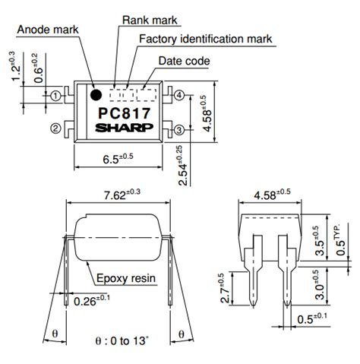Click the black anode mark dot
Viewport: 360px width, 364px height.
tap(96, 95)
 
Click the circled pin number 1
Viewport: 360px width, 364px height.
tap(55, 96)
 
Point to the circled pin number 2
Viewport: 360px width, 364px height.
tap(55, 129)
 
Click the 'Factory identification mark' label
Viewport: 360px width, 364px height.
tap(205, 38)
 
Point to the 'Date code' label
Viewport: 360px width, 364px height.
tap(184, 60)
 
